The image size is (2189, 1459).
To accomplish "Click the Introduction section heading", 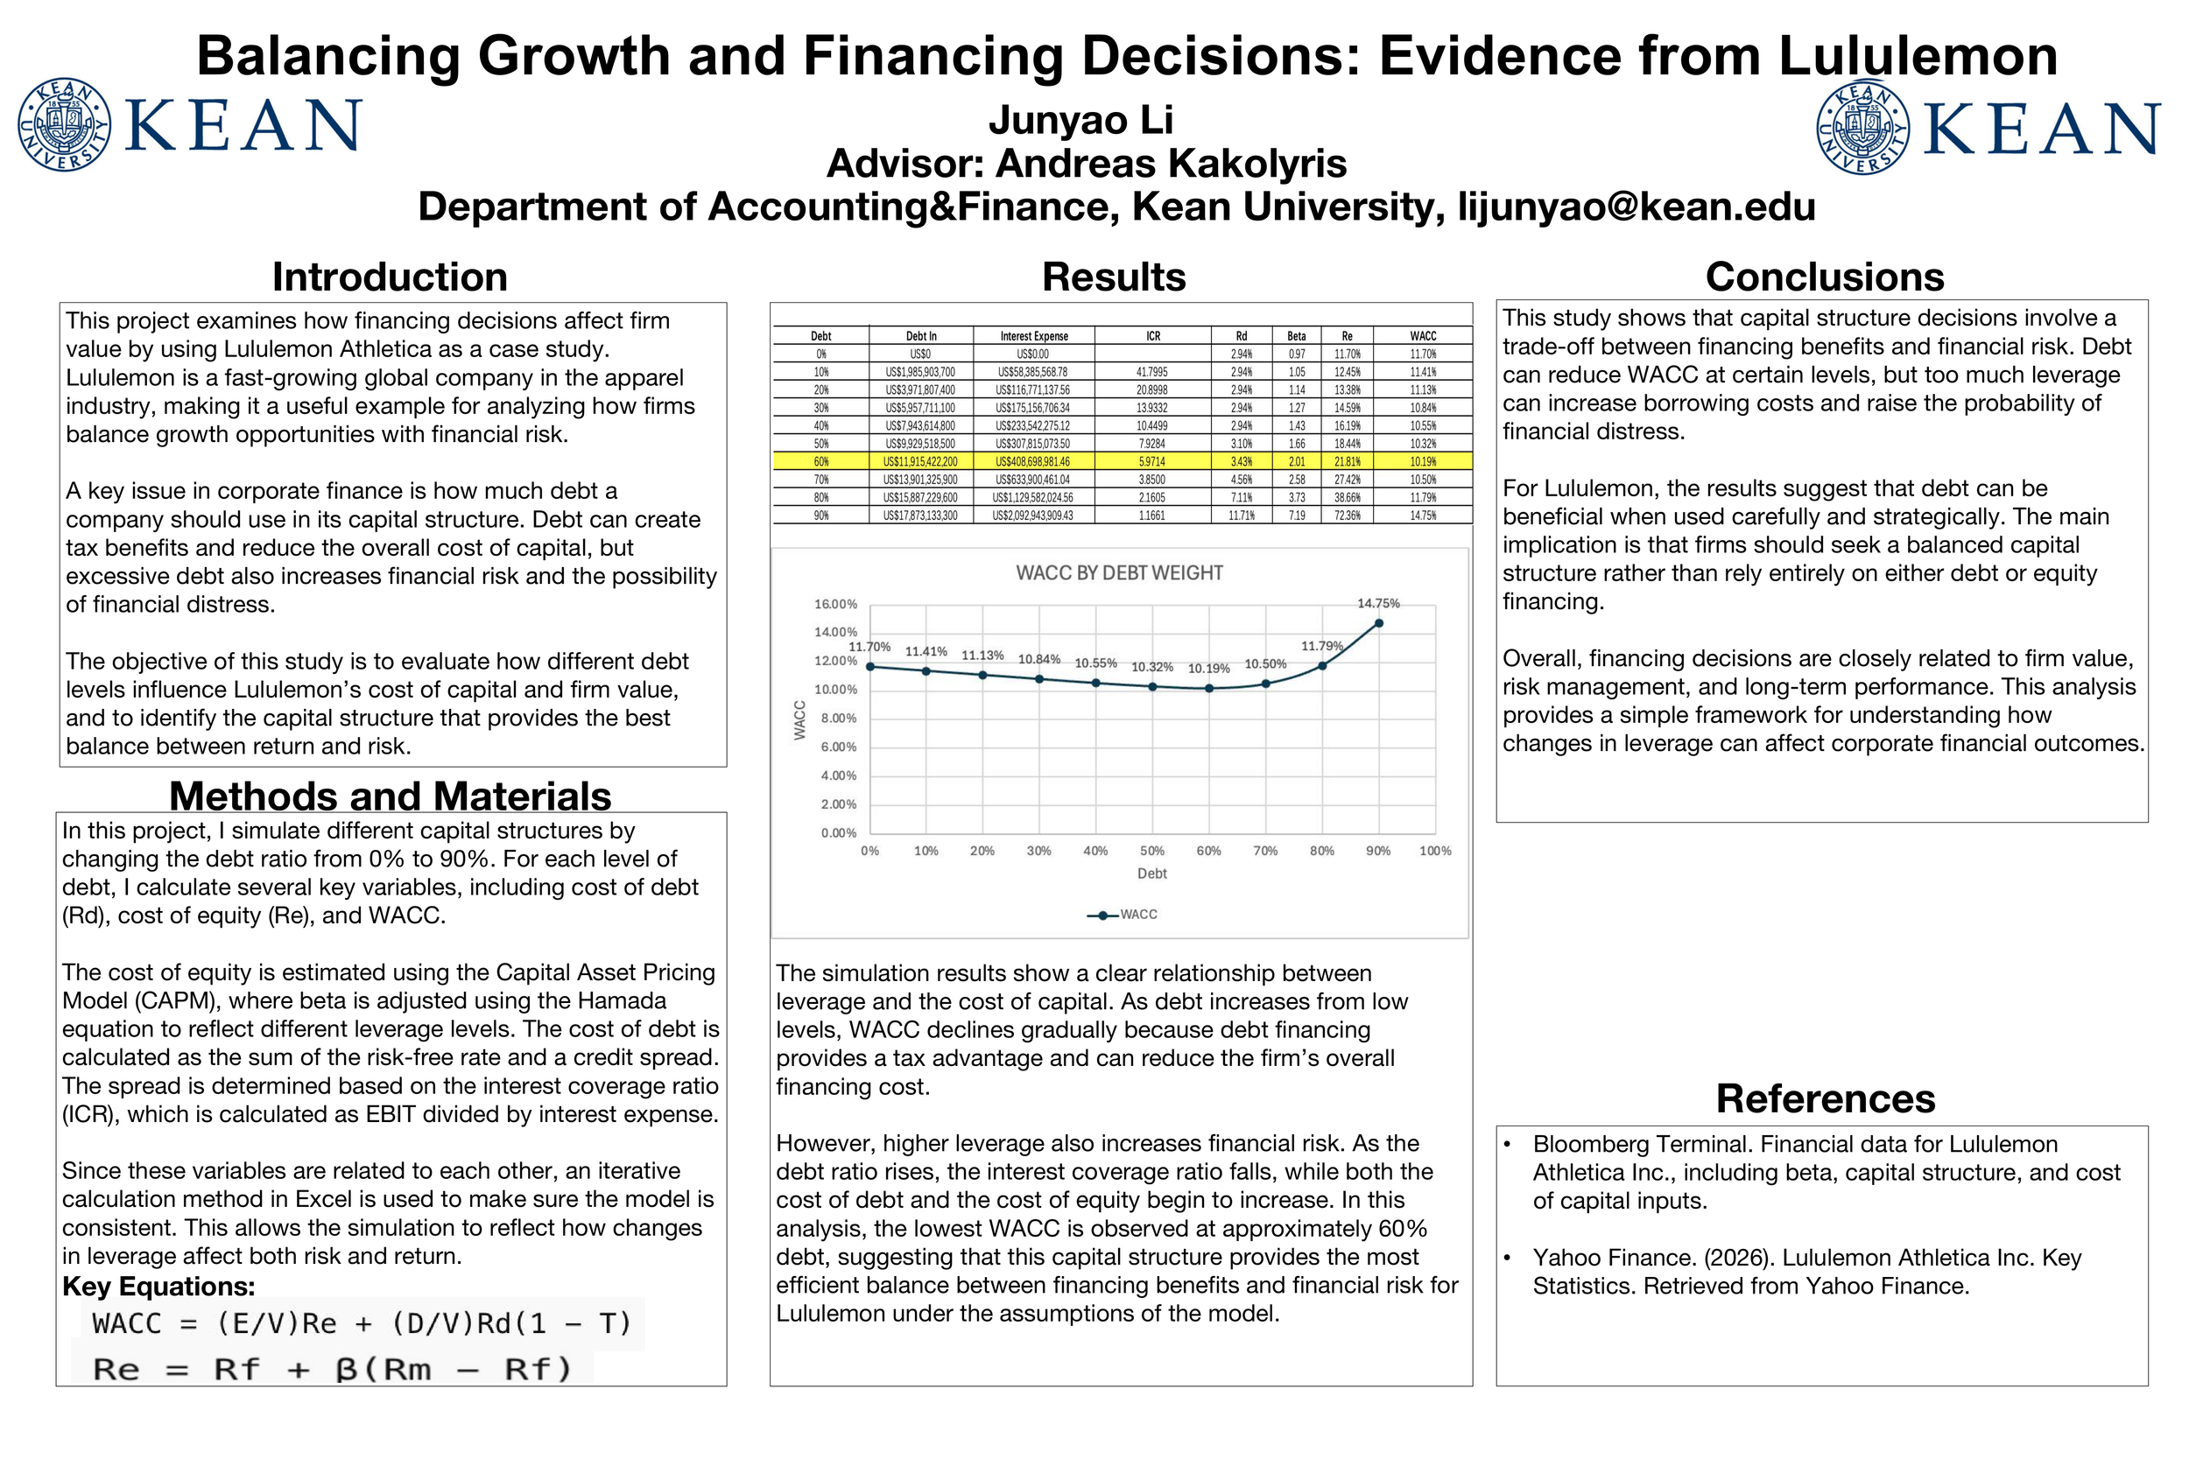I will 390,277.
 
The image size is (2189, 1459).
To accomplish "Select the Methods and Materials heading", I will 390,796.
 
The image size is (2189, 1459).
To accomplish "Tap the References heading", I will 1825,1099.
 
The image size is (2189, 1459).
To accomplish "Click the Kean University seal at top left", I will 64,124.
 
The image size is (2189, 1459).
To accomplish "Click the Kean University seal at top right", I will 1862,129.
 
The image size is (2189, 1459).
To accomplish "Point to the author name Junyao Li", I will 1080,120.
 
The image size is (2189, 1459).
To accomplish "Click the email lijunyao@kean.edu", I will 1636,207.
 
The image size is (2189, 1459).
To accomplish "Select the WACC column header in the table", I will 1422,336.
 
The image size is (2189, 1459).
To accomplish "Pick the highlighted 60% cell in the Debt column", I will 821,461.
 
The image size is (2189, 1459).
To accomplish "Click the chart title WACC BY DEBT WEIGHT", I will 1119,573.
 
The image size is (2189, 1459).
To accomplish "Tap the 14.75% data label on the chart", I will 1377,604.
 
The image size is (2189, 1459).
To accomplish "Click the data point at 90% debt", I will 1378,623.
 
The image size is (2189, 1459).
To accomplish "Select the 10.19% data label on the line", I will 1208,669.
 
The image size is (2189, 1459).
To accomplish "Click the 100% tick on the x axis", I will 1434,852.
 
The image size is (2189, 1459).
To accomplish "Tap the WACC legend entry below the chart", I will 1123,915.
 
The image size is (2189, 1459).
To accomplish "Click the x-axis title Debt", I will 1151,873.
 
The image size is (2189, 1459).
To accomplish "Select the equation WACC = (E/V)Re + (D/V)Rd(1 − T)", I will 361,1323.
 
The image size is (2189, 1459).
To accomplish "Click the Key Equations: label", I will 158,1287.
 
